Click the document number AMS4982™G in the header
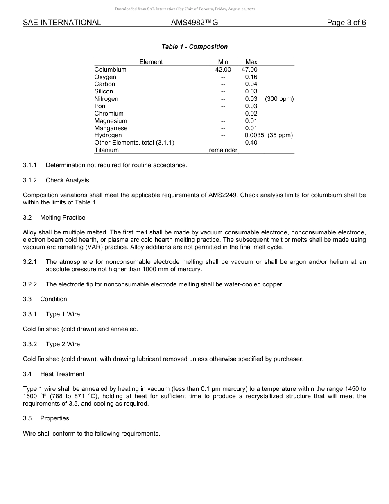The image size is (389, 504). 194,23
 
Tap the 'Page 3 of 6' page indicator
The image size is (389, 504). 346,23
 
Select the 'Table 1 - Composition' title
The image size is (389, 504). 194,47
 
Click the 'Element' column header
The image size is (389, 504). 151,62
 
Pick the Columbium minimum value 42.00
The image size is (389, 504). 223,70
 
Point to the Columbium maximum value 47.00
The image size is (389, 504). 249,70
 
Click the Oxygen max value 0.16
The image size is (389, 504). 251,77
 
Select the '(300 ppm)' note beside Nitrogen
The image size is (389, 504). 279,99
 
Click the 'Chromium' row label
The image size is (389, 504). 109,114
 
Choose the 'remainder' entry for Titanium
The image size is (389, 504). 223,150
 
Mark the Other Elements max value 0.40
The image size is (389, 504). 251,143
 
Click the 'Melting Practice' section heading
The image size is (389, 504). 63,218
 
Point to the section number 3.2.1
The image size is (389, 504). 30,262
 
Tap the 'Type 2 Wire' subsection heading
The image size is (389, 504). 63,344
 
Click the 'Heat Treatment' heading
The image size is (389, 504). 62,374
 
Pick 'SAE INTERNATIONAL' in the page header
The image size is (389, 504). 62,23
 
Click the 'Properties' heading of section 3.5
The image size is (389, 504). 54,418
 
